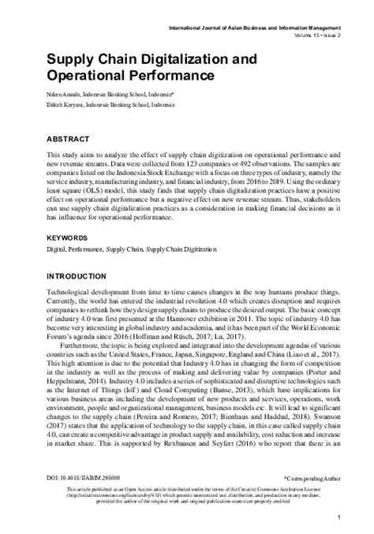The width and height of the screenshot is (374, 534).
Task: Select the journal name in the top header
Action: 268,28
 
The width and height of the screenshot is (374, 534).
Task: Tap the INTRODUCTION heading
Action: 81,277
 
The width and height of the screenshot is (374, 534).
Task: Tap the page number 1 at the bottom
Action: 337,517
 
